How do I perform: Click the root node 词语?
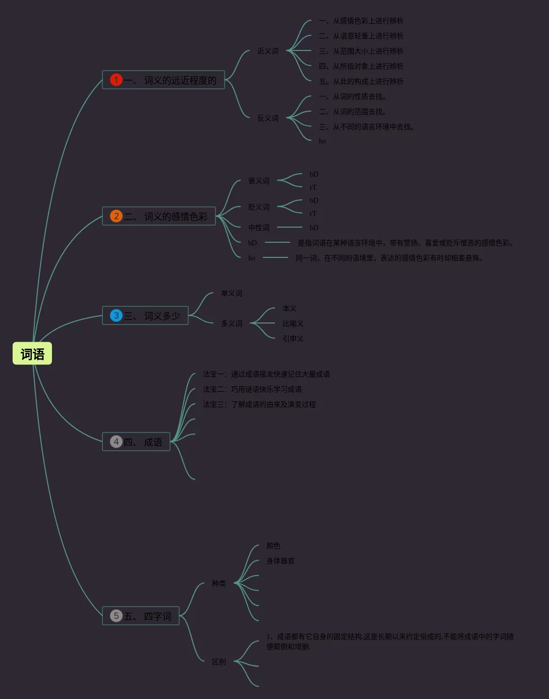click(32, 354)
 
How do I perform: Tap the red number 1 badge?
click(116, 80)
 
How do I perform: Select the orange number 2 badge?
click(116, 216)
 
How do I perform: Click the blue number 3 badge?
click(116, 315)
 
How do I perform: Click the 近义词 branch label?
click(267, 51)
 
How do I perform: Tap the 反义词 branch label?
click(267, 118)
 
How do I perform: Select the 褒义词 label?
click(258, 181)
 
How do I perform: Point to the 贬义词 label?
click(258, 207)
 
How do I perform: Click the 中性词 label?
click(258, 228)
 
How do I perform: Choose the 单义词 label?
click(231, 293)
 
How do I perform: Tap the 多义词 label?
click(231, 324)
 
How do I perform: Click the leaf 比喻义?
click(293, 324)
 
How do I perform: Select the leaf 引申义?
click(293, 339)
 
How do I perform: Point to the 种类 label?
click(218, 583)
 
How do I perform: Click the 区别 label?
click(218, 662)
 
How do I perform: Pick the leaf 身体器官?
click(280, 561)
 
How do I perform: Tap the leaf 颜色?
click(273, 546)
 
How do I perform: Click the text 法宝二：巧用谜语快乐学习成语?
click(252, 389)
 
